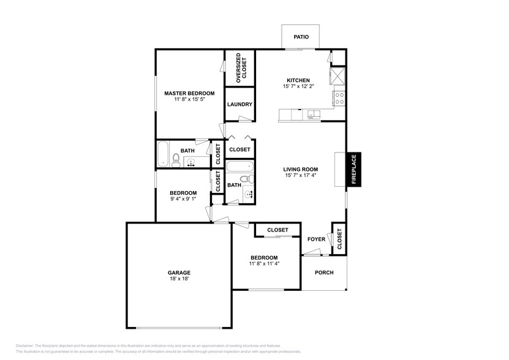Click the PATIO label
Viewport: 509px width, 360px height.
[301, 37]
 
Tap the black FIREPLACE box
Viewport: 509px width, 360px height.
[353, 169]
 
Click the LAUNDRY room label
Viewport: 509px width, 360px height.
[239, 104]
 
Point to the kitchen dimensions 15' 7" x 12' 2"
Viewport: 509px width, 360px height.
[300, 87]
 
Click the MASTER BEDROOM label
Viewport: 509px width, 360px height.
[189, 93]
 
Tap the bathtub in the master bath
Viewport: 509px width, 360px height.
[162, 154]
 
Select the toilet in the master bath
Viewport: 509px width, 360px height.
[176, 160]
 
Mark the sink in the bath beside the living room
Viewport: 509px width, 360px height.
[248, 195]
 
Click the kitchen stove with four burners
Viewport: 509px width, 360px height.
[339, 97]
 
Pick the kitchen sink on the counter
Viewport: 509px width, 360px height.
[314, 114]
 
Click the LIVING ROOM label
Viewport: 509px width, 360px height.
[300, 170]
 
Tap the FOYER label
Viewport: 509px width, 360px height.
[316, 239]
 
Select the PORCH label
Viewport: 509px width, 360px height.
[324, 272]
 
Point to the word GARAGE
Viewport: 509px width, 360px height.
[179, 272]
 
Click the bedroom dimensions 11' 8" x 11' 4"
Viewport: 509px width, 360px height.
[264, 264]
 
